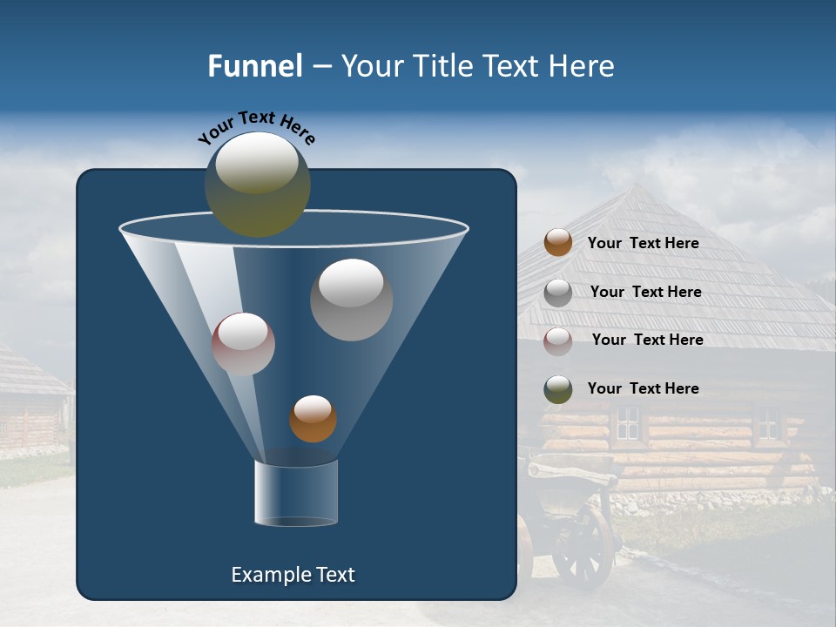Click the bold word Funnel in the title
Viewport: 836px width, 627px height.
(x=254, y=66)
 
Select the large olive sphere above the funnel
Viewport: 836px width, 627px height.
(x=257, y=184)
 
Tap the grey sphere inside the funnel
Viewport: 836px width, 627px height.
(x=351, y=300)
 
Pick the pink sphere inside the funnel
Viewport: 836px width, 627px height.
(x=243, y=344)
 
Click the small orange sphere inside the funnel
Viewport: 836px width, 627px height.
(x=313, y=419)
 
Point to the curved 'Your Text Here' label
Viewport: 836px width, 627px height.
(x=256, y=126)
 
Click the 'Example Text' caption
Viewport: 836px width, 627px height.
(x=293, y=575)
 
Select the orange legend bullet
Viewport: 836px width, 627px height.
(x=558, y=243)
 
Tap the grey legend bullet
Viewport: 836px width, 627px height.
(x=558, y=293)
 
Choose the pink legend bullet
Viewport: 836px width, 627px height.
(x=558, y=340)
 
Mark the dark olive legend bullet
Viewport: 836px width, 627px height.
(x=558, y=389)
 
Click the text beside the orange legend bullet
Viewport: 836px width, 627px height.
(x=643, y=243)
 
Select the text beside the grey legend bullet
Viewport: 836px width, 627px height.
(x=645, y=292)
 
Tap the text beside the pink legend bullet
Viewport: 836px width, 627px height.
(x=647, y=340)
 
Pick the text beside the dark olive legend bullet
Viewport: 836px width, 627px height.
(x=643, y=388)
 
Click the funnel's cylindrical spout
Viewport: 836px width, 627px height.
(x=296, y=493)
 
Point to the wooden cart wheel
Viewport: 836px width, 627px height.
(x=583, y=545)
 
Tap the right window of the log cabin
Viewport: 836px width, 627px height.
(x=767, y=423)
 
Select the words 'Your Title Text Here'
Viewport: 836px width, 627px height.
(x=477, y=66)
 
